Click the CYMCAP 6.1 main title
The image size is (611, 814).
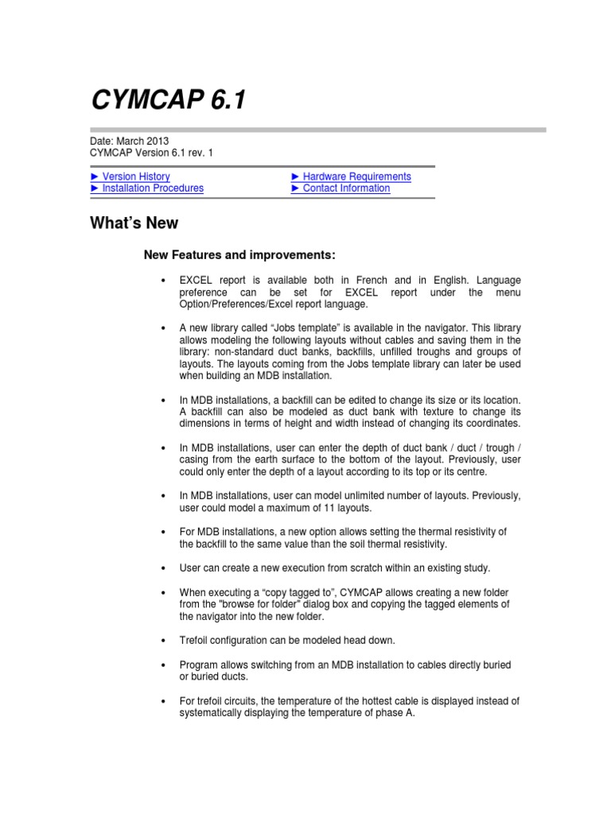[x=169, y=100]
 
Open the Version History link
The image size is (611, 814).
[x=136, y=176]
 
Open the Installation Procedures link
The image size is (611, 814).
[x=153, y=188]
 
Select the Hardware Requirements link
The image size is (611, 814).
[x=356, y=176]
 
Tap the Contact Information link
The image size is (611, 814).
[x=346, y=188]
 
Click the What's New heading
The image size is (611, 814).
[x=134, y=223]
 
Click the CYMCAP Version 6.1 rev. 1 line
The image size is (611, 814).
[x=151, y=153]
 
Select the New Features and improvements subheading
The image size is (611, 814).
[x=239, y=255]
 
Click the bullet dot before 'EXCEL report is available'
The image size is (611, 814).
[x=162, y=281]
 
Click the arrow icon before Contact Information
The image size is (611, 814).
[x=296, y=188]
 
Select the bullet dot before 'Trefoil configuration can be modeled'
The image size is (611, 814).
[x=162, y=640]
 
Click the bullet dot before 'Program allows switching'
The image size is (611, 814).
[x=162, y=663]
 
